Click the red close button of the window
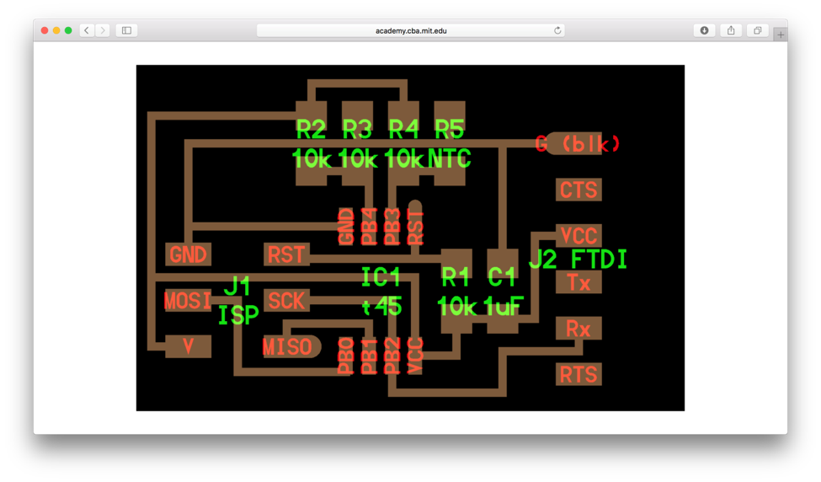click(45, 30)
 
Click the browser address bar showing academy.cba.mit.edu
click(410, 30)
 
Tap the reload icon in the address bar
click(557, 30)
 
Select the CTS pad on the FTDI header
click(578, 190)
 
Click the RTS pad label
click(578, 374)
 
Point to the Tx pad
click(578, 283)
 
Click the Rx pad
click(578, 329)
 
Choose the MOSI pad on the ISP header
click(188, 301)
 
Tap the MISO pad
click(287, 346)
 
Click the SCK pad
click(286, 301)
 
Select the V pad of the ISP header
click(188, 345)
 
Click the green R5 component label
click(449, 130)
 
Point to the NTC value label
click(449, 158)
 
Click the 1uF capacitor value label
click(503, 305)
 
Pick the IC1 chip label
click(381, 276)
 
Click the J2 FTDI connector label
click(578, 260)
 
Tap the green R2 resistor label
click(311, 130)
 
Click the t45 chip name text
click(381, 305)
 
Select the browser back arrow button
click(87, 30)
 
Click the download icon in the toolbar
click(704, 30)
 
